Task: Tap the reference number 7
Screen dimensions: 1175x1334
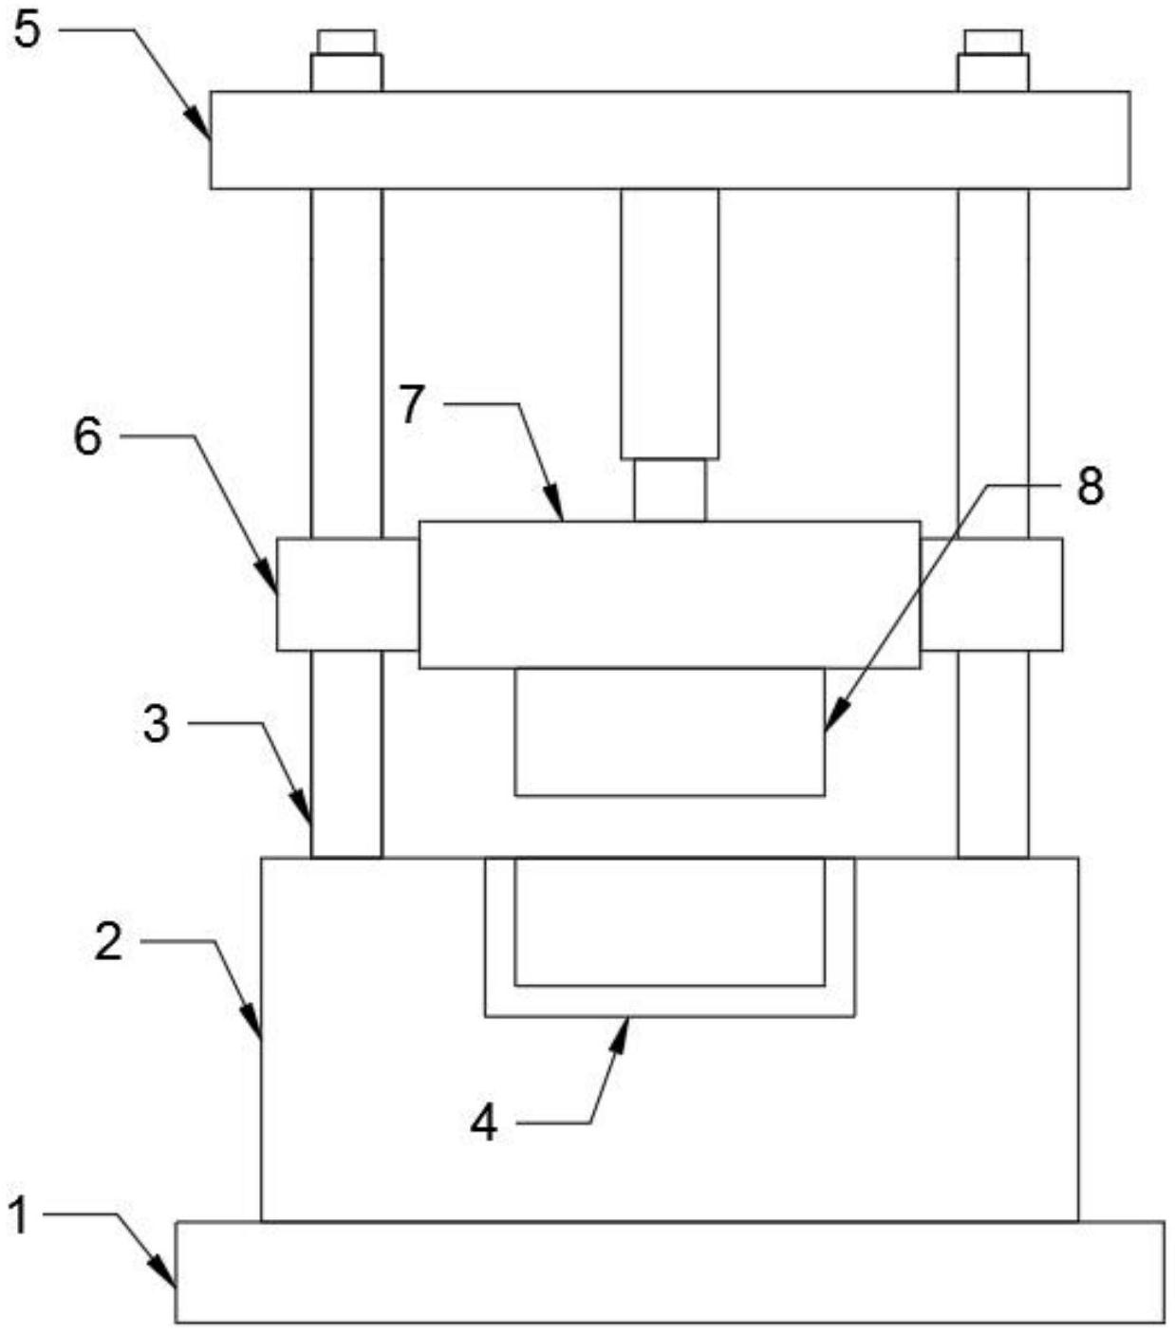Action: click(x=412, y=404)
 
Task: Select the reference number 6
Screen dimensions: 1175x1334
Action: click(x=87, y=436)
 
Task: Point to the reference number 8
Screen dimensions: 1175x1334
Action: click(x=1090, y=488)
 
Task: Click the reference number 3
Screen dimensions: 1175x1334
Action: click(x=157, y=726)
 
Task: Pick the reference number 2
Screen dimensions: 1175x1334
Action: click(x=108, y=941)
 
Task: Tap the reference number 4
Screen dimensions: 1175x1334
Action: click(x=484, y=1123)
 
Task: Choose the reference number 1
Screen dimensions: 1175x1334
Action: click(x=20, y=1215)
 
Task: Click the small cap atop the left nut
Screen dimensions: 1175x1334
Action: click(x=346, y=42)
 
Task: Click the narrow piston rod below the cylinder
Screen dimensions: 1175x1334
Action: click(x=670, y=490)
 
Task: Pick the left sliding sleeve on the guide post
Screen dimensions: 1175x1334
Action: click(x=347, y=595)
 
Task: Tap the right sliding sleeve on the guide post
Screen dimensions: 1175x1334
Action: click(x=991, y=595)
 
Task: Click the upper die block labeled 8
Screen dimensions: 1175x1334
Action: click(x=670, y=732)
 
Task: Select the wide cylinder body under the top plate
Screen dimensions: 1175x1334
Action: click(x=670, y=324)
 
